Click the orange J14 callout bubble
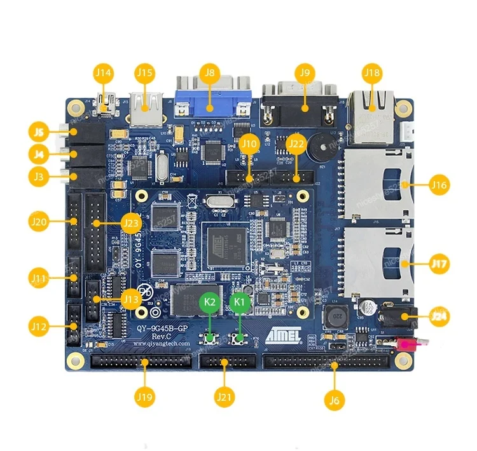(103, 73)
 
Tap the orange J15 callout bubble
(145, 73)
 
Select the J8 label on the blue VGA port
(207, 73)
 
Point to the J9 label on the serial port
(305, 73)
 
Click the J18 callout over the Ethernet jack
(372, 74)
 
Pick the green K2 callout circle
(211, 302)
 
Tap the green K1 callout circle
(240, 302)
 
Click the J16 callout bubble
(439, 185)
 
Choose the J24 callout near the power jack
(439, 316)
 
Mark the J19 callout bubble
(144, 397)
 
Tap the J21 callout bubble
(225, 398)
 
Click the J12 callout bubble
(39, 327)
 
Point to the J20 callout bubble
(39, 222)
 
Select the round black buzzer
(319, 150)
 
